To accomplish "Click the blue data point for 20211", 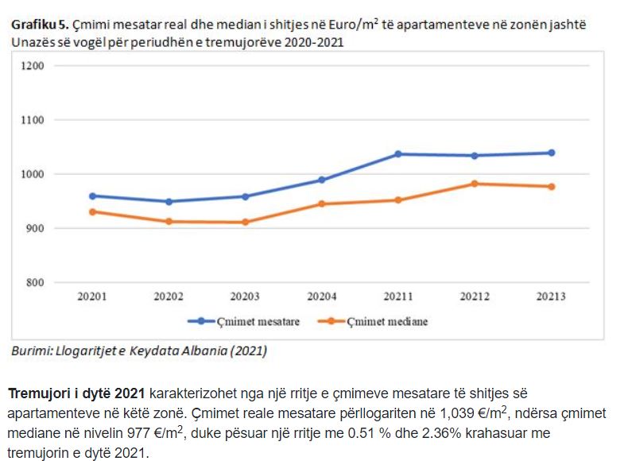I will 397,153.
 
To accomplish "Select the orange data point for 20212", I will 475,184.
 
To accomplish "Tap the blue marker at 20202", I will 169,201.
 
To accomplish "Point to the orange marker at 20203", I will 245,222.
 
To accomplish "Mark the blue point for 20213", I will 551,153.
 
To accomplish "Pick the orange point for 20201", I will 92,211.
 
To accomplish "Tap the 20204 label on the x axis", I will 321,296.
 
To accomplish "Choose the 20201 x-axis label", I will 92,296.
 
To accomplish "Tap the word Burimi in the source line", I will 29,351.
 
